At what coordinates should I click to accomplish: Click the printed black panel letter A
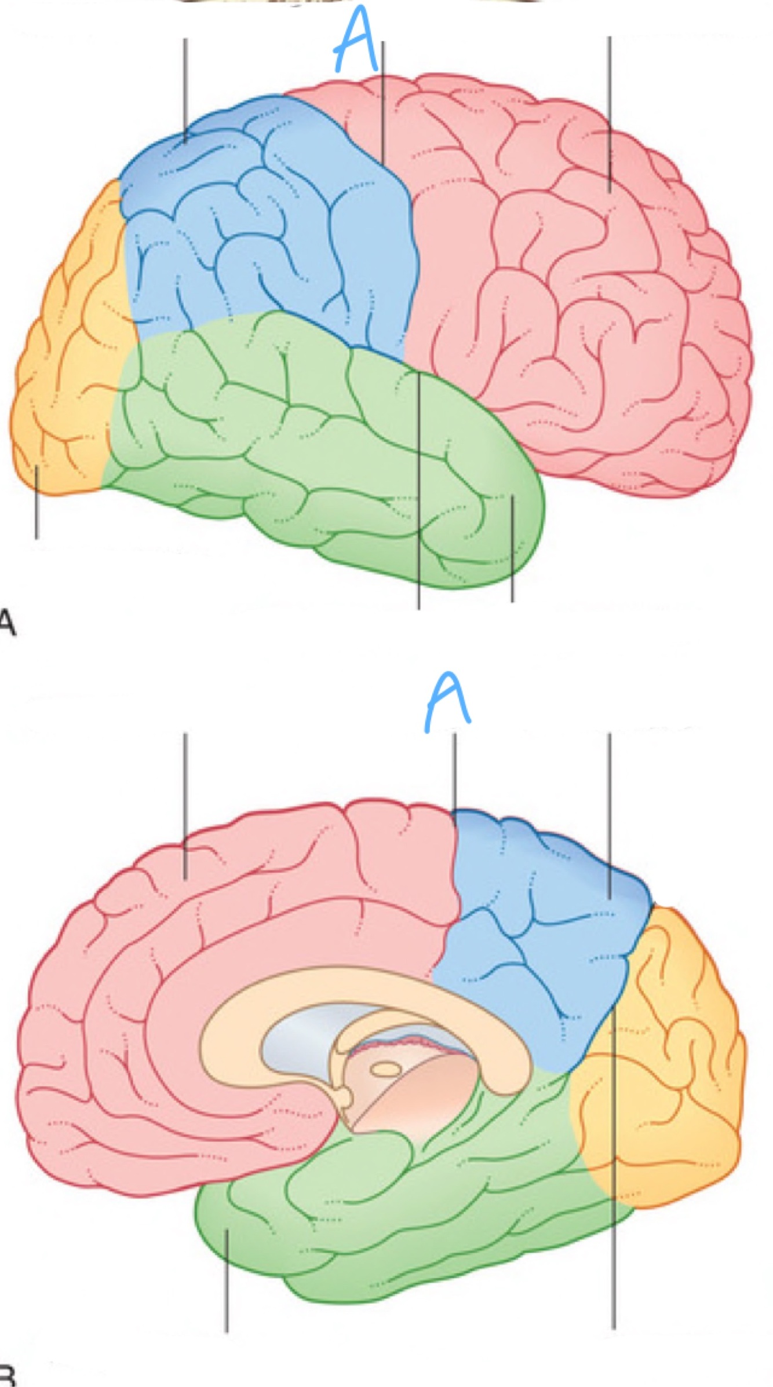(7, 624)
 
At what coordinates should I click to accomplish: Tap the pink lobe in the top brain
(579, 290)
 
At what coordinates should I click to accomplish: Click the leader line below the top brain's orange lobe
(37, 504)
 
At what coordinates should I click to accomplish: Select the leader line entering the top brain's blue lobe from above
(185, 87)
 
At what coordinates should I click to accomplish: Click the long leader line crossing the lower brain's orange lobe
(613, 1158)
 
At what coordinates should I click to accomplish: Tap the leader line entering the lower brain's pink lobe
(185, 811)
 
